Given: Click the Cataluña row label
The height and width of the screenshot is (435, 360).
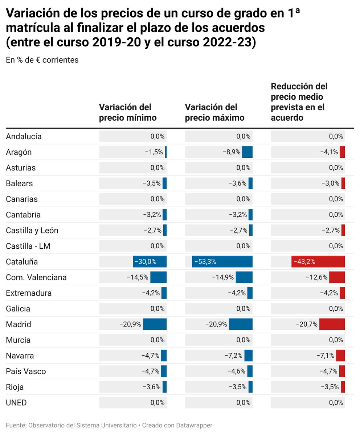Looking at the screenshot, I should [x=22, y=262].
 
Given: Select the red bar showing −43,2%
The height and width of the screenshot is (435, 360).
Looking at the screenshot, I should [x=318, y=262].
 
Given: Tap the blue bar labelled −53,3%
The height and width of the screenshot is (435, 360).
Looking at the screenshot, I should [x=222, y=262].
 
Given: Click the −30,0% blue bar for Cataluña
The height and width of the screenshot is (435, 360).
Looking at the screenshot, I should [x=150, y=262].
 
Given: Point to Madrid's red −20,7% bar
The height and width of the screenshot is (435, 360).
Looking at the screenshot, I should [x=332, y=324].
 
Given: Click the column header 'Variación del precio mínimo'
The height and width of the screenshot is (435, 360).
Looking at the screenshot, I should [x=128, y=112].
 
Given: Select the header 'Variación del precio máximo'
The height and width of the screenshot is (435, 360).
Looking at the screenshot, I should [x=214, y=112].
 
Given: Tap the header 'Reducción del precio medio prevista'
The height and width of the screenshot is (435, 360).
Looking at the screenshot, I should [x=300, y=102].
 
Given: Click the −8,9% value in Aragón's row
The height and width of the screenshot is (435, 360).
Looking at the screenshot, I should [x=232, y=152].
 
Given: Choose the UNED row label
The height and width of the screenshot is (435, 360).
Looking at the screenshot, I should [x=16, y=402].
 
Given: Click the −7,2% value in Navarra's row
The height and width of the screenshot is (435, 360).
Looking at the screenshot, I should [x=233, y=356].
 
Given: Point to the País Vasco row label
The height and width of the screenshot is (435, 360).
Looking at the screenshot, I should [x=26, y=371].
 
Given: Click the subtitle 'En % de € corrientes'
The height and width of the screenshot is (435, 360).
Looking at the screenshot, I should [x=42, y=60].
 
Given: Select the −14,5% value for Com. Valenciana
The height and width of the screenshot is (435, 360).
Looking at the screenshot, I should [x=137, y=277].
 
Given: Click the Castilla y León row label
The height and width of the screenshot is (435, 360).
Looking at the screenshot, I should [x=32, y=231].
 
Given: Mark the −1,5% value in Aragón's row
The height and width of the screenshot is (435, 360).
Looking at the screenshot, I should [x=154, y=152].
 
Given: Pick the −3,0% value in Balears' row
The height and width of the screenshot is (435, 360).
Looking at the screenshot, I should [x=330, y=183].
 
